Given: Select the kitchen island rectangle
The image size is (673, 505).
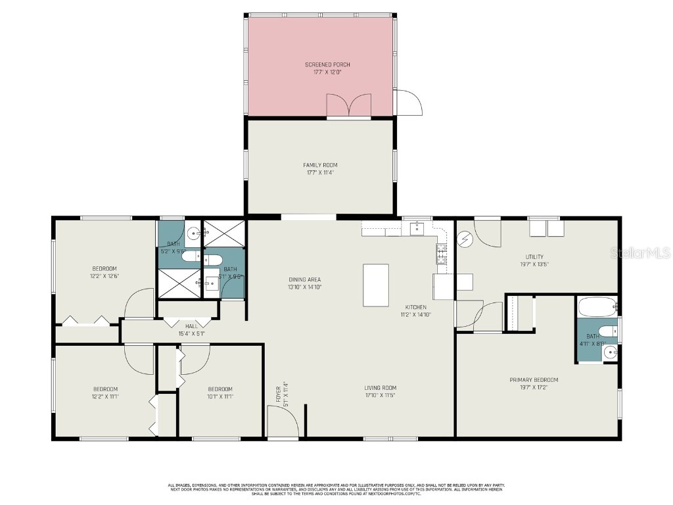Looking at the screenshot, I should pos(376,285).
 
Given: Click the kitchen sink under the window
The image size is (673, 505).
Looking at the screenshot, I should pos(417,228).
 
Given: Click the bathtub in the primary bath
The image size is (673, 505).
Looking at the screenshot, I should pos(597,306).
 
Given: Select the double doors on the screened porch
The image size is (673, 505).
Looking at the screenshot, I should pos(350,105).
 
